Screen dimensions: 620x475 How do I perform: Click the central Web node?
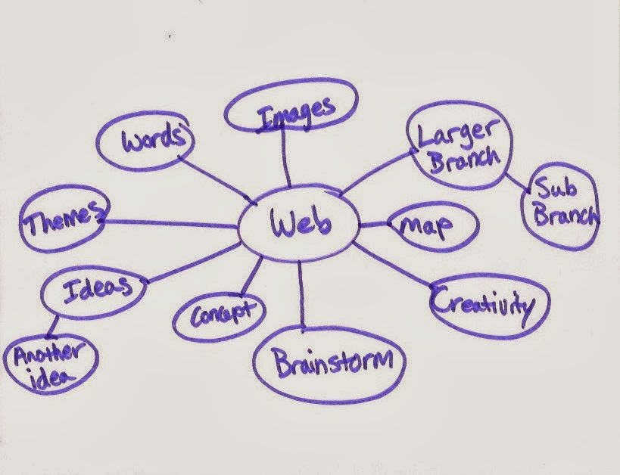click(299, 223)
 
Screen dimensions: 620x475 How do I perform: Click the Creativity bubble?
click(482, 304)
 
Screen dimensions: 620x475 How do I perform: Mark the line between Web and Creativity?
click(394, 265)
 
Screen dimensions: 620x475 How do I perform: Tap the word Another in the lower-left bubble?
click(50, 353)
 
